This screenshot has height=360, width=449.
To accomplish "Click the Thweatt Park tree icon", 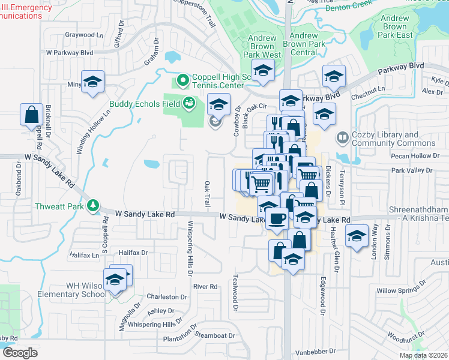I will click(x=93, y=206).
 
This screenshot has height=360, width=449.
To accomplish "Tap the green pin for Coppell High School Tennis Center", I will click(x=183, y=80).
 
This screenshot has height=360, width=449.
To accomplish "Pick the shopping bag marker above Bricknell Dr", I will click(x=31, y=114).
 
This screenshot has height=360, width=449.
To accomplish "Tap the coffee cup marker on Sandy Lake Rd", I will click(x=276, y=218).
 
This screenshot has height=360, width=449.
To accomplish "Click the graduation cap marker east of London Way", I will click(x=357, y=236).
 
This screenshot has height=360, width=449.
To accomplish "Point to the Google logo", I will click(x=19, y=353).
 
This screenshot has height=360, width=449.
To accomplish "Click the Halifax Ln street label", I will click(x=83, y=255).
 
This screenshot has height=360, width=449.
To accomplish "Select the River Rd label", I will click(x=205, y=287).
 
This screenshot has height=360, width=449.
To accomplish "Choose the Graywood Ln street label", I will click(x=83, y=35).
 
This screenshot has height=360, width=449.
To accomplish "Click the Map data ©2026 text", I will click(x=423, y=355).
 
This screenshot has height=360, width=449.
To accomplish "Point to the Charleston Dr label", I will click(x=167, y=297).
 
